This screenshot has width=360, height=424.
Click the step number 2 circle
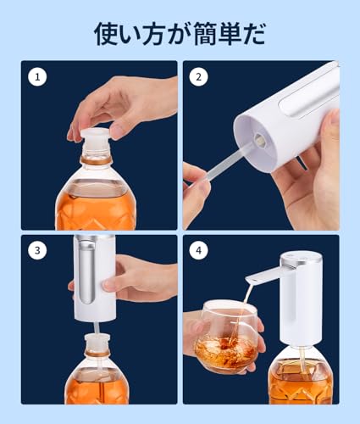(x=199, y=77)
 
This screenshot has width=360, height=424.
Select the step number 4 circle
(x=199, y=252)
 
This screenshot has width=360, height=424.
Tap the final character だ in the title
(x=253, y=35)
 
